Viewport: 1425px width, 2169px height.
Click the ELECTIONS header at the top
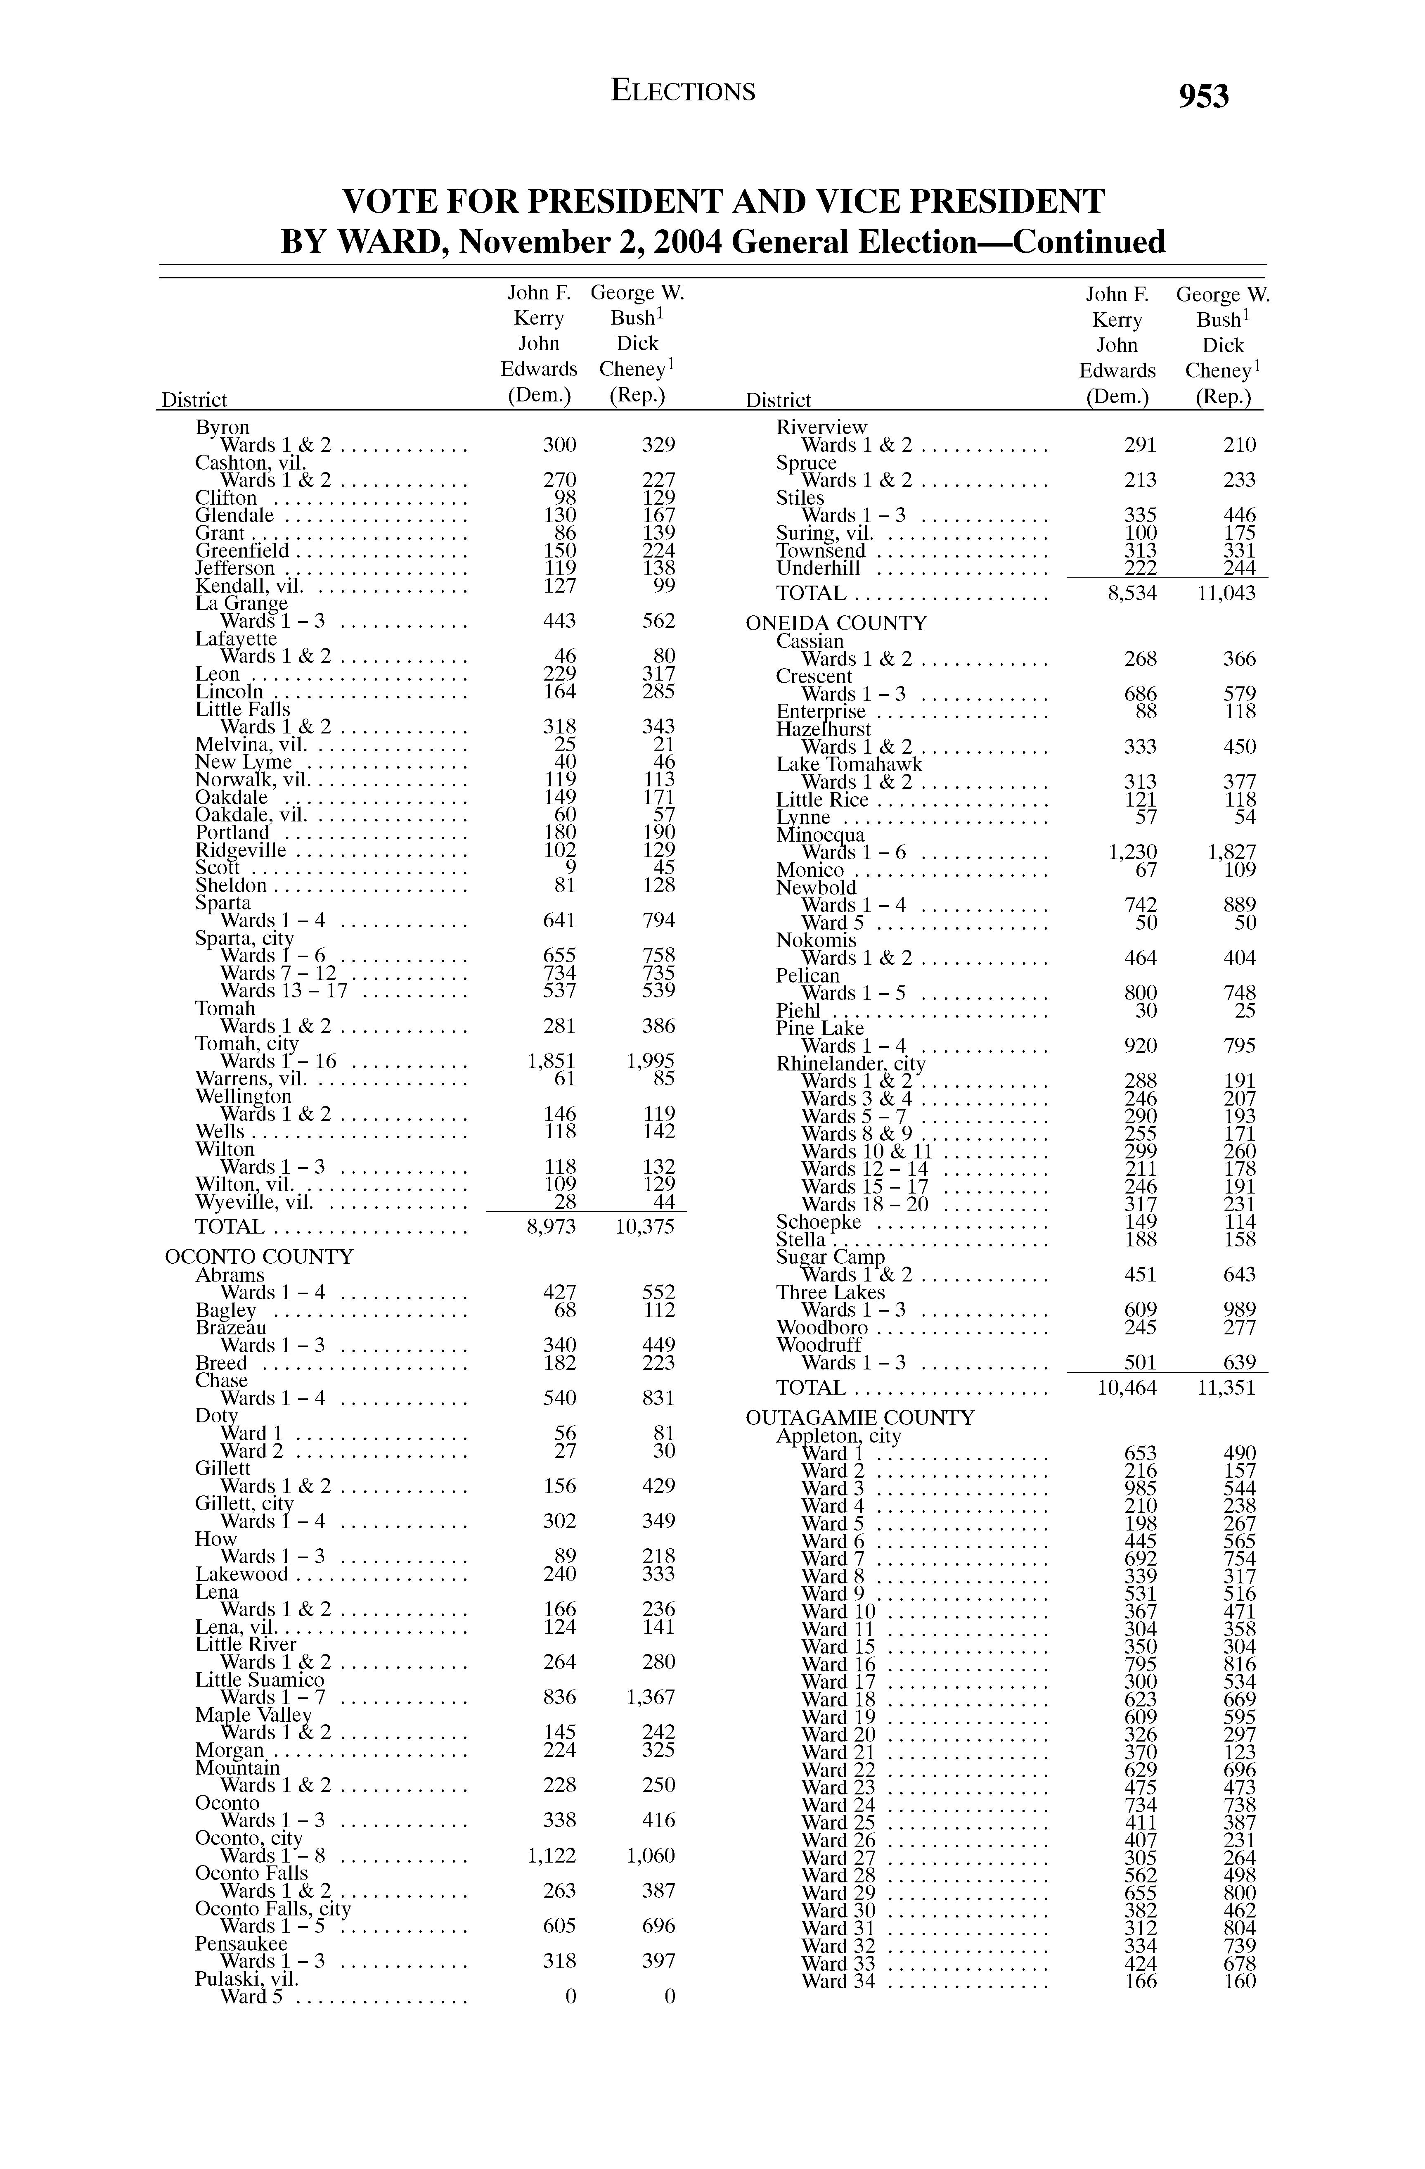click(683, 91)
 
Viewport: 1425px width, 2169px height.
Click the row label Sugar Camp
click(830, 1258)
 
